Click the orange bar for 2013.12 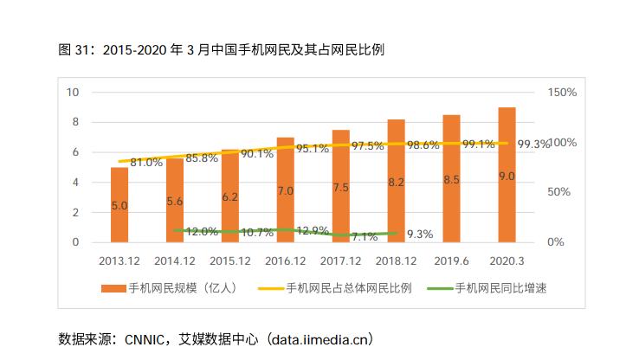click(x=119, y=205)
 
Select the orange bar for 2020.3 click(x=507, y=176)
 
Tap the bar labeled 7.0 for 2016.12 click(x=285, y=190)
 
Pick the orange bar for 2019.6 click(x=451, y=179)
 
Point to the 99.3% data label click(x=532, y=145)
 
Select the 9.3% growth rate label click(x=419, y=234)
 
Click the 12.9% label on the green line click(x=313, y=231)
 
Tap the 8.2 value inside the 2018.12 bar click(x=396, y=183)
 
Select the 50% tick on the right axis click(x=558, y=192)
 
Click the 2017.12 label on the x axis click(x=340, y=260)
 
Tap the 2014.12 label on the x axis click(x=175, y=260)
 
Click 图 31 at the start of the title click(x=75, y=50)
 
